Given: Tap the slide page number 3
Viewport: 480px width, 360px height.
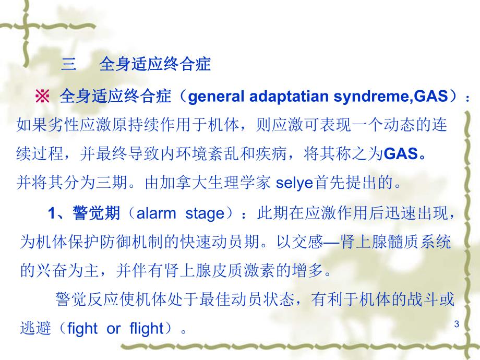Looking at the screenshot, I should click(457, 325).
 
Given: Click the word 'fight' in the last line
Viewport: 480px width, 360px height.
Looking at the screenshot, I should click(82, 329).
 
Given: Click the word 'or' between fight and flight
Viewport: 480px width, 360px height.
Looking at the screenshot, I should click(113, 329).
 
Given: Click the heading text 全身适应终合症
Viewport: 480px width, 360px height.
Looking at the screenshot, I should click(154, 65).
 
